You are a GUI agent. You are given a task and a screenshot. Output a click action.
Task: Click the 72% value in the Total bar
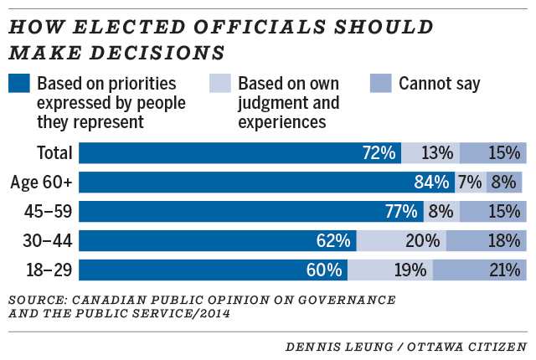point(378,153)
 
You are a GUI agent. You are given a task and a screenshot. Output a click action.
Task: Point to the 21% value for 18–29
point(505,270)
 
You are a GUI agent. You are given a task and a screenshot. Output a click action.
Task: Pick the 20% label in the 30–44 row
point(422,241)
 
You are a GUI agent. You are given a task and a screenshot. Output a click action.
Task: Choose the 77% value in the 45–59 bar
point(401,212)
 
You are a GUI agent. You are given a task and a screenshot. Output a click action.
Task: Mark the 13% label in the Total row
point(436,153)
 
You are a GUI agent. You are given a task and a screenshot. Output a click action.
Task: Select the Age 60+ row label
point(43,183)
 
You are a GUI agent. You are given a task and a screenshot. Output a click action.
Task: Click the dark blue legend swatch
point(19,84)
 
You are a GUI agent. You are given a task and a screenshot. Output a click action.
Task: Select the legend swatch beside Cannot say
point(380,84)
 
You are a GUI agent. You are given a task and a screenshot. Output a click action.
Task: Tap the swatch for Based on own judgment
point(219,84)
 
